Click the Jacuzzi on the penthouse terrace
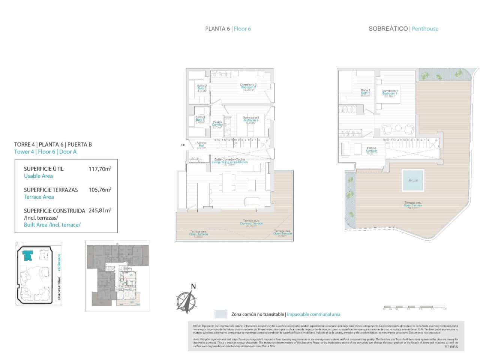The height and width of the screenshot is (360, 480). pyautogui.click(x=412, y=180)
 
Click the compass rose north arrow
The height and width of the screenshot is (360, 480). pyautogui.click(x=187, y=300)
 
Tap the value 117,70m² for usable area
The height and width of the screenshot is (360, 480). pyautogui.click(x=100, y=169)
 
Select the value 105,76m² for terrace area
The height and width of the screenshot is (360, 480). pyautogui.click(x=100, y=190)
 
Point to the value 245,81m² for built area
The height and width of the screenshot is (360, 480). pyautogui.click(x=100, y=211)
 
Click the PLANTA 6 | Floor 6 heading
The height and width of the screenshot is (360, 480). pyautogui.click(x=228, y=29)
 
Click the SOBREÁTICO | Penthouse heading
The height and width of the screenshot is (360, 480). pyautogui.click(x=403, y=29)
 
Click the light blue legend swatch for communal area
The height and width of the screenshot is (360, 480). pyautogui.click(x=221, y=314)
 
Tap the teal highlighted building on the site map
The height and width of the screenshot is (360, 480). pyautogui.click(x=27, y=256)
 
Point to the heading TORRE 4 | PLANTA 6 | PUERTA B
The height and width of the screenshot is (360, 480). pyautogui.click(x=53, y=144)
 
